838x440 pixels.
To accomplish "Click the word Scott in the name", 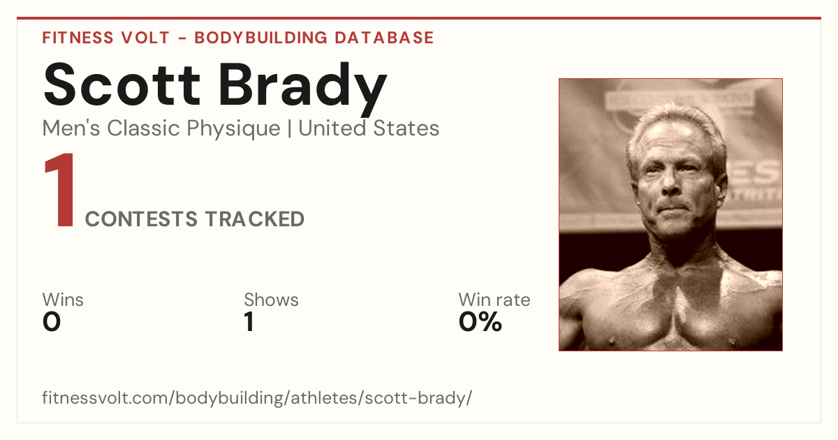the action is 122,85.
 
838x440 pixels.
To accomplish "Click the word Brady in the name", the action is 302,89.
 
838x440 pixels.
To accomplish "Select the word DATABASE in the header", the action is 384,38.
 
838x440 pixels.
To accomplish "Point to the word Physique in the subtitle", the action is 233,129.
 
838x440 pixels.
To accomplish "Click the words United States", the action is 369,129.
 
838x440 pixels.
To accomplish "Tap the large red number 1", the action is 60,189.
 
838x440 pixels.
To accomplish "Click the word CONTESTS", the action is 141,219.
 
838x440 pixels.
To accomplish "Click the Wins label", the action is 63,300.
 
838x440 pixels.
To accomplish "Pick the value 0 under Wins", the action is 51,322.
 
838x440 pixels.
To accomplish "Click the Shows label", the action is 271,300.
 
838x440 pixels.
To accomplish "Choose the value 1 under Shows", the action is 249,322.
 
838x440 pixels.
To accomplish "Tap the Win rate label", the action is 494,300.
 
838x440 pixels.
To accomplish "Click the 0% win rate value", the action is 480,322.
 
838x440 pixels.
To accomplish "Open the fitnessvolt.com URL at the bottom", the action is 257,397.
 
